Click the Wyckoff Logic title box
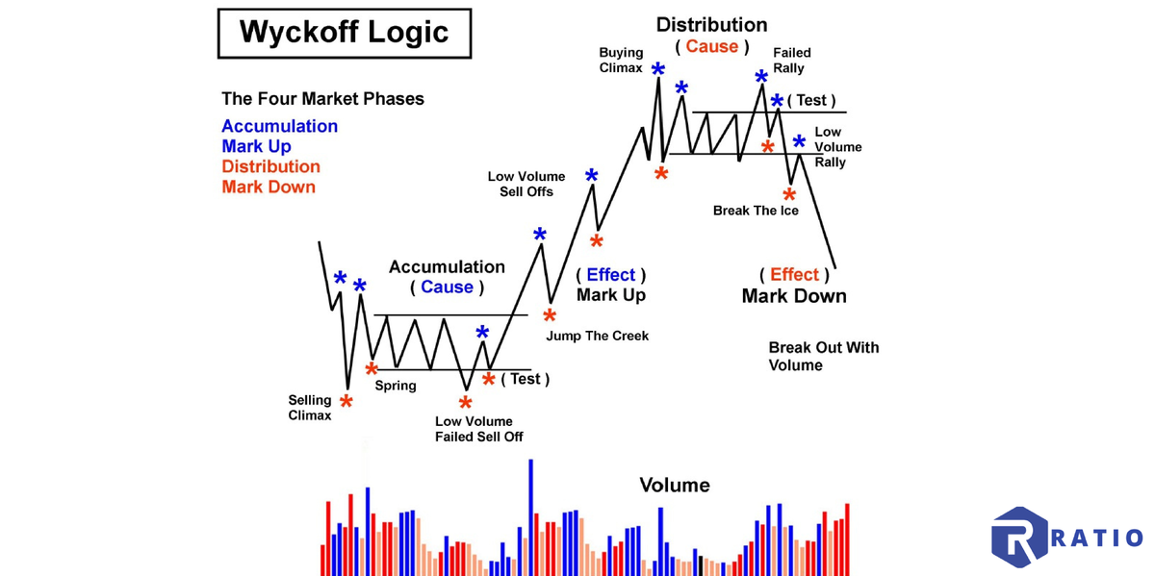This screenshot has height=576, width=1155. pos(344,33)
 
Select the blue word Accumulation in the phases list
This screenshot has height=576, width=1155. pos(279,126)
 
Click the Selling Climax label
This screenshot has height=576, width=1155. pos(310,408)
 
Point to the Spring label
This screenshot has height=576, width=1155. pos(396,386)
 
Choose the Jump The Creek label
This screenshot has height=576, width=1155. pos(597,336)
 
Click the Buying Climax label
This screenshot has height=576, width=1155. pos(621,60)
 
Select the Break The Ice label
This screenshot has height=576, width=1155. pos(756,211)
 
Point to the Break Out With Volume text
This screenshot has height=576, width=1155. pos(823,356)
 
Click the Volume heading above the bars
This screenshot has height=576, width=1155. pos(675,485)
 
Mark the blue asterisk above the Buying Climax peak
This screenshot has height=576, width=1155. pos(658,70)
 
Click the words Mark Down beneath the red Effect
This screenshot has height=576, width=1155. pos(794,295)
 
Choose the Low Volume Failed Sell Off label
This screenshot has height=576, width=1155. pos(474,429)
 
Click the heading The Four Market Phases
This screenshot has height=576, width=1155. pos(322,98)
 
